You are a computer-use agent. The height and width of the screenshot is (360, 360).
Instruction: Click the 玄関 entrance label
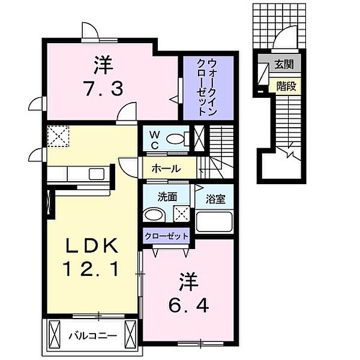point(284,64)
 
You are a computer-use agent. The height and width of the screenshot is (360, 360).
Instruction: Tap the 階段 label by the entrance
point(286,86)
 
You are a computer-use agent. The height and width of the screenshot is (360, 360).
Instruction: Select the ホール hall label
point(166,169)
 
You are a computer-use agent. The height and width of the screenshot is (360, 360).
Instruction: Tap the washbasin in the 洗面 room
point(154,215)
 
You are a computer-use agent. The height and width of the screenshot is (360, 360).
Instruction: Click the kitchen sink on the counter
point(97,174)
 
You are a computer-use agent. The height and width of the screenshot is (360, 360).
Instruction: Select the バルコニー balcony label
point(93,337)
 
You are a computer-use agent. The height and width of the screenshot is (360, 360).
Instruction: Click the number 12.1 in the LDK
point(91,269)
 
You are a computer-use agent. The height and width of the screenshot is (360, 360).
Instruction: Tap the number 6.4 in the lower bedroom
point(188,305)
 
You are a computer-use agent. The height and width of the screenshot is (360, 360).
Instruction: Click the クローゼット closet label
point(166,236)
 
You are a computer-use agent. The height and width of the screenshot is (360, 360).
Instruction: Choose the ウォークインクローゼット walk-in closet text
point(207,87)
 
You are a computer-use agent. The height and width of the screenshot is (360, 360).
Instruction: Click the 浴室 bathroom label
point(215,199)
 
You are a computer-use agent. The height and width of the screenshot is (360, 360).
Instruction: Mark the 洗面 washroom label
point(167,197)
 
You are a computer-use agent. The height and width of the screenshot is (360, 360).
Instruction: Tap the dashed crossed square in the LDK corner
point(58,136)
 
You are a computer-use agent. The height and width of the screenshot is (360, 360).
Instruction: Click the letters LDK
point(92,245)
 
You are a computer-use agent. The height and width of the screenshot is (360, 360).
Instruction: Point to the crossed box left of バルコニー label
point(55,334)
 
